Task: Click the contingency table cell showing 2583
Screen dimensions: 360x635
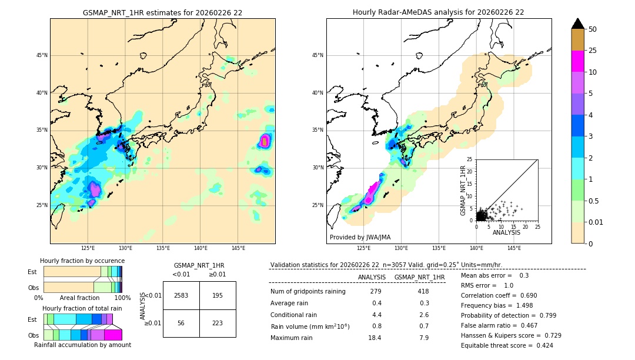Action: pos(181,296)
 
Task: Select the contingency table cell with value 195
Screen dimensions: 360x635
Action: pos(218,296)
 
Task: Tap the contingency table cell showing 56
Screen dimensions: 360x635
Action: pos(181,323)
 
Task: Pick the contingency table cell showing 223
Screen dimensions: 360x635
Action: pos(218,323)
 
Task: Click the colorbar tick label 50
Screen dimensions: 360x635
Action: pos(593,29)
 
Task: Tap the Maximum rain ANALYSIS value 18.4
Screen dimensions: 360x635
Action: pos(375,338)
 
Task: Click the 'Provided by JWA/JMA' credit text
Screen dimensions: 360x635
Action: pos(360,237)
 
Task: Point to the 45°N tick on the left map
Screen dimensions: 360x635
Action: pos(42,55)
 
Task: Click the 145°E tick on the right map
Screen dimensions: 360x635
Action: pos(514,248)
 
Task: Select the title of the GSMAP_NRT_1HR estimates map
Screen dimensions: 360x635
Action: pos(162,12)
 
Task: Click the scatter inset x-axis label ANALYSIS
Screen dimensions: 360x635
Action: pos(507,233)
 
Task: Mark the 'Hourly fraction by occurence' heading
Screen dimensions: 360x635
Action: pos(82,261)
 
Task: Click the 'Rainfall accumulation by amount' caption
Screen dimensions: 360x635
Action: pos(82,345)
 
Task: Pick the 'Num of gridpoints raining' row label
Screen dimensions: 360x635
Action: pos(308,291)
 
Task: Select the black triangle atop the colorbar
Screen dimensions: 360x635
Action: pos(578,24)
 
